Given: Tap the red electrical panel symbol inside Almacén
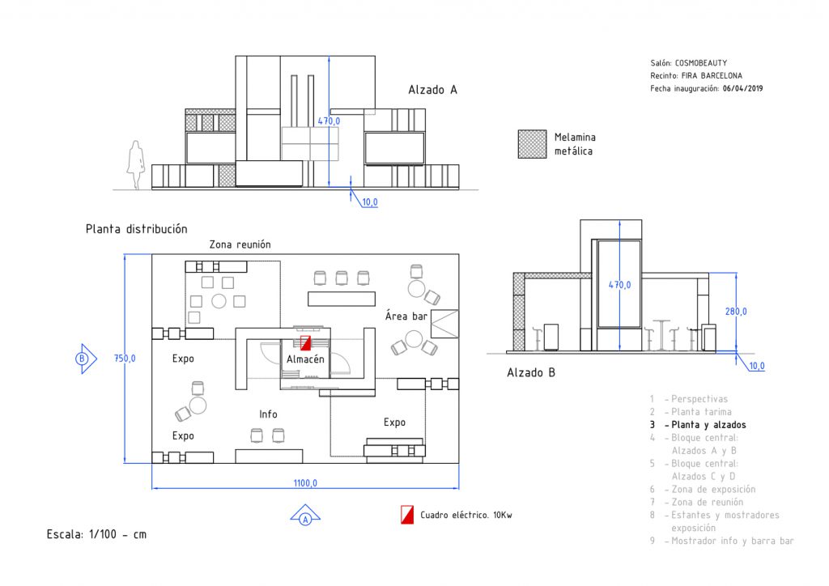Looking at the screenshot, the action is pyautogui.click(x=305, y=343).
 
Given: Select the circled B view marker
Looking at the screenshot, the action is pyautogui.click(x=85, y=359).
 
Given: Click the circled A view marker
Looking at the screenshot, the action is pyautogui.click(x=305, y=516).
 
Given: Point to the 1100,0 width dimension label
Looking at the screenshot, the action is pyautogui.click(x=305, y=483).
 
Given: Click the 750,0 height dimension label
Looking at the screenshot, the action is pyautogui.click(x=125, y=359).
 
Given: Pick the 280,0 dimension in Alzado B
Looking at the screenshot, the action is pyautogui.click(x=736, y=312).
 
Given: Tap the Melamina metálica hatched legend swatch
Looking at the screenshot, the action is pyautogui.click(x=532, y=144).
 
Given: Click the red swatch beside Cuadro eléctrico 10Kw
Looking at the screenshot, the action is pyautogui.click(x=407, y=515).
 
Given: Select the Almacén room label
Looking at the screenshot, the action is pyautogui.click(x=305, y=359).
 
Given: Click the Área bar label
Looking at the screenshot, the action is pyautogui.click(x=406, y=316).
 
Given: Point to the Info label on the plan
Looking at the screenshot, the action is pyautogui.click(x=268, y=414).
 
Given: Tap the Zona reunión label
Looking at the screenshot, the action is pyautogui.click(x=240, y=244).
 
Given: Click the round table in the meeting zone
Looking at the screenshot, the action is pyautogui.click(x=219, y=301).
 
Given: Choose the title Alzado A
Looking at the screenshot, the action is pyautogui.click(x=432, y=90).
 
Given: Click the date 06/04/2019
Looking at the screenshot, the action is pyautogui.click(x=743, y=89).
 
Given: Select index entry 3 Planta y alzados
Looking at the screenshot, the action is pyautogui.click(x=698, y=425).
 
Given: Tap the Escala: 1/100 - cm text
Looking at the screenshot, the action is pyautogui.click(x=97, y=534).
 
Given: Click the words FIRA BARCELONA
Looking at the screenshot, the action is pyautogui.click(x=712, y=75).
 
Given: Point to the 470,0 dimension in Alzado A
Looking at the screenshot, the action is pyautogui.click(x=329, y=121).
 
